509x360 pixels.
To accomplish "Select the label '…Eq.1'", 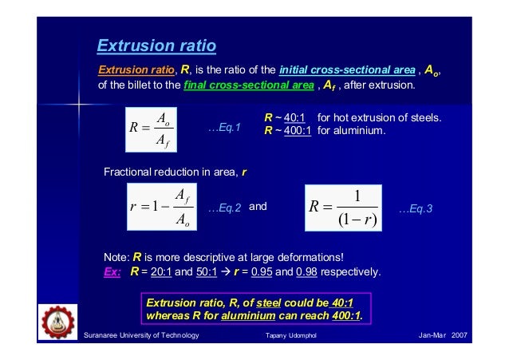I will [x=224, y=128].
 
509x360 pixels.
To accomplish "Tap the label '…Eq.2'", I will [x=224, y=208].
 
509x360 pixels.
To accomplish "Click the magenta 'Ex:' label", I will [x=112, y=270].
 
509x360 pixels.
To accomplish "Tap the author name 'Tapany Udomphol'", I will [x=290, y=337].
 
